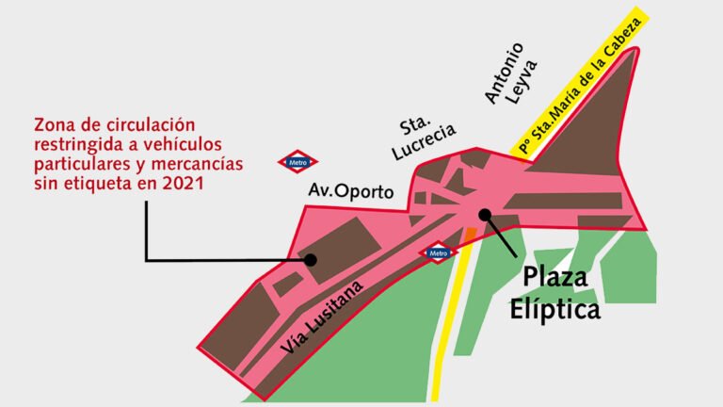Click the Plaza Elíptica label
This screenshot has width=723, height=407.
click(554, 293)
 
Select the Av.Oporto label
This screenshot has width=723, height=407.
click(351, 191)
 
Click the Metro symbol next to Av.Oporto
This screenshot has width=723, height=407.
click(298, 162)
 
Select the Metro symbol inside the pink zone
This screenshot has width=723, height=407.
click(439, 252)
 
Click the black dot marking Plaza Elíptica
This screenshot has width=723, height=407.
click(485, 215)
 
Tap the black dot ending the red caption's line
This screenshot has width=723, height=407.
click(310, 259)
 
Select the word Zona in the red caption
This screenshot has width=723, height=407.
click(54, 124)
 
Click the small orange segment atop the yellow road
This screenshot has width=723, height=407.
click(470, 235)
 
